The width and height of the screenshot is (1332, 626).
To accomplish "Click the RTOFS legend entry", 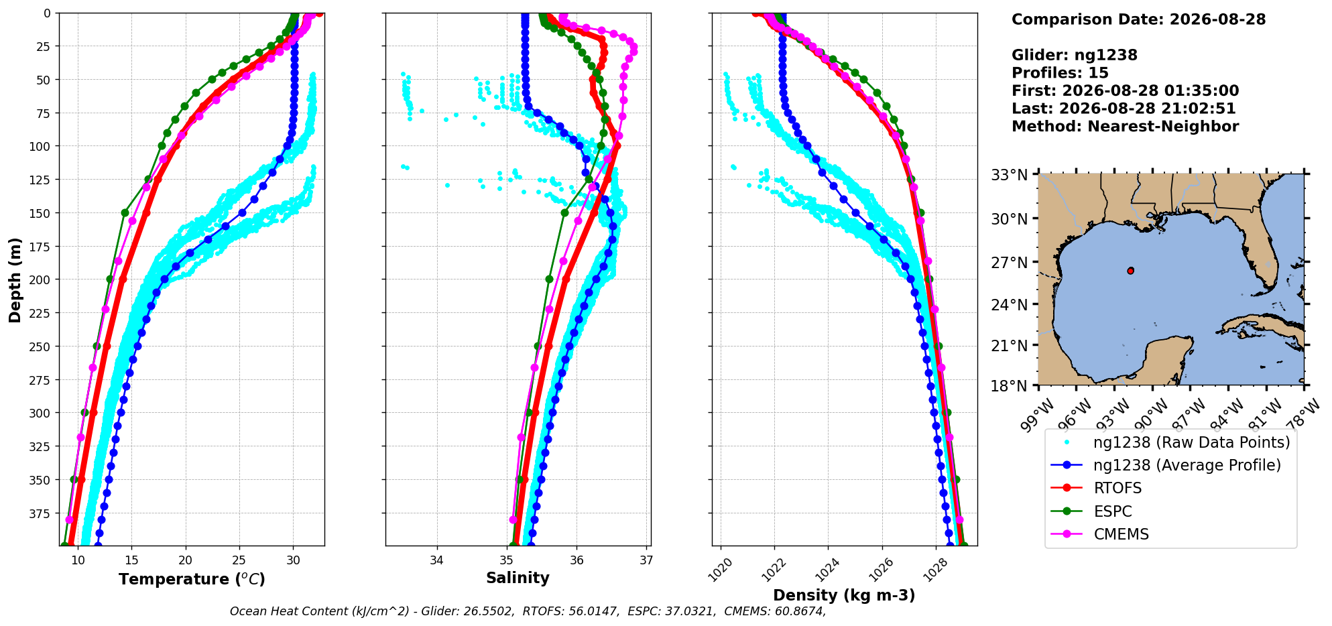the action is coord(1095,489).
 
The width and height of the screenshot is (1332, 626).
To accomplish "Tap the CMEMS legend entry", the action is coord(1099,534).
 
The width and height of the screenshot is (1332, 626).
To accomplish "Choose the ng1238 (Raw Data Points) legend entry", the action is coord(1170,442).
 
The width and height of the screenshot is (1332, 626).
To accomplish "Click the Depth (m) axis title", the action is coord(15,279).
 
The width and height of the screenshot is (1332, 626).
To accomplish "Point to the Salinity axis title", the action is coord(518,578).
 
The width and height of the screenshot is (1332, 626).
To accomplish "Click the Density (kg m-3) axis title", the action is coord(844,595).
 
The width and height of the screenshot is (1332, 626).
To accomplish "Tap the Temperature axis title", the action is coord(192,579).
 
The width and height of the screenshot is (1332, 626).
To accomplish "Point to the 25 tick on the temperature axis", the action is coord(239,560).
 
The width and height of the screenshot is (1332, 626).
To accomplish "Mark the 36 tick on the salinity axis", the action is coord(577,560).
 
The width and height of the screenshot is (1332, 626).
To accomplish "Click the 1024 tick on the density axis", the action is coord(823,570).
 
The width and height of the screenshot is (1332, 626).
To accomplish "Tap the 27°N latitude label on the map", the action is coord(1010,263).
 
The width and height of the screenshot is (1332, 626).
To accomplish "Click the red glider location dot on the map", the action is coord(1131,271).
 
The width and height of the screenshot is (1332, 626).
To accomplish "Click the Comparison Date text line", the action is coord(1138,19).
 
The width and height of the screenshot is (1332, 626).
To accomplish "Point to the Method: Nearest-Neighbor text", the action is coord(1125,127).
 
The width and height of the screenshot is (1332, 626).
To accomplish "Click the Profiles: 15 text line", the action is coord(1060,73).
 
